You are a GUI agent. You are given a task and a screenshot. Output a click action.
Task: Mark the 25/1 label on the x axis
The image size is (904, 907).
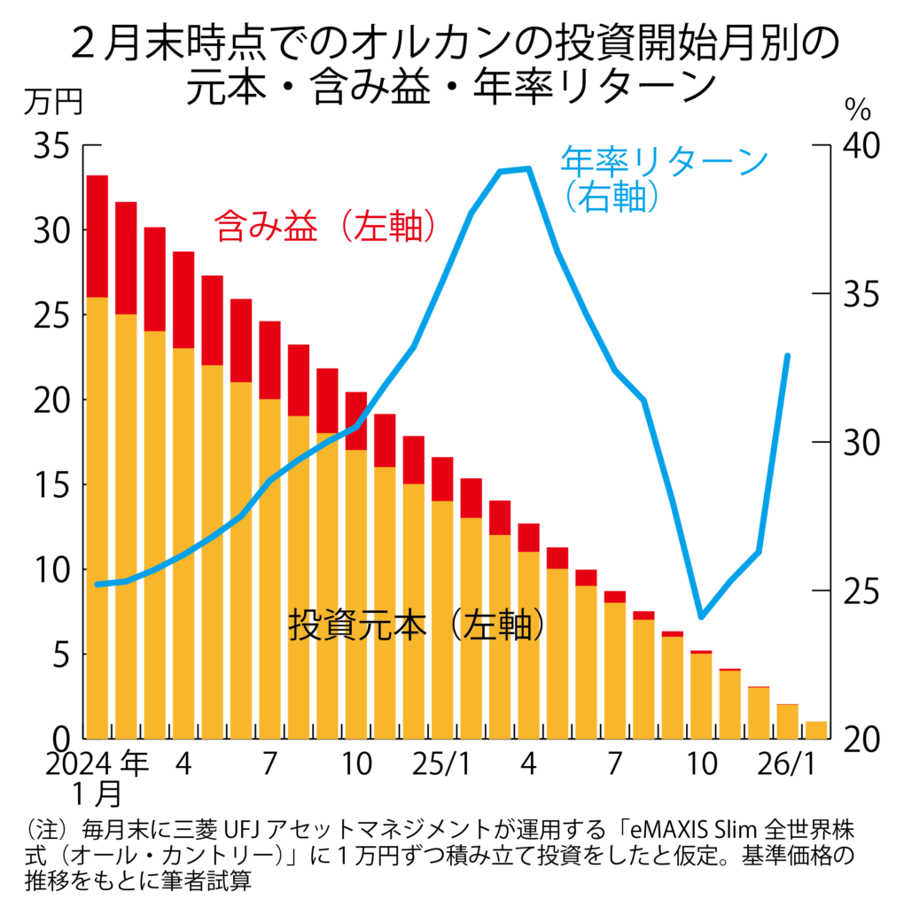click(441, 764)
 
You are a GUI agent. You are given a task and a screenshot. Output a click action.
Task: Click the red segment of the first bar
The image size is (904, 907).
click(97, 236)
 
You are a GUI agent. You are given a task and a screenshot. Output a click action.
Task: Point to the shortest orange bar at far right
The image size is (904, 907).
click(816, 730)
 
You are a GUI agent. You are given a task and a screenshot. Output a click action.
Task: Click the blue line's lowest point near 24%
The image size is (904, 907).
click(701, 616)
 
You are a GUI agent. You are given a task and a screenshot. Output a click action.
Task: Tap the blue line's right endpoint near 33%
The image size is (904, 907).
click(788, 356)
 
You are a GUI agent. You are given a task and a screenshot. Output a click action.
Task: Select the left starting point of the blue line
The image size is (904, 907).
click(97, 585)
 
